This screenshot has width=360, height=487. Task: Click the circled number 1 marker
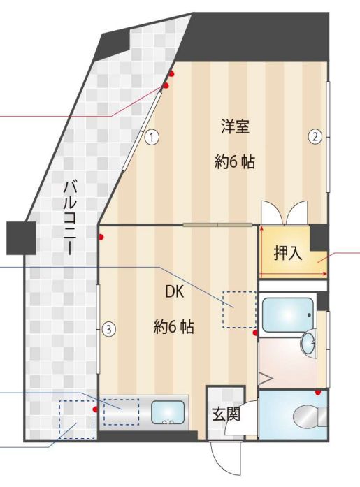(x=150, y=138)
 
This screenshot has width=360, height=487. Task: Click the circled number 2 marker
(x=315, y=137)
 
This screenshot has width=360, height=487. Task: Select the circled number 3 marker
(x=108, y=328)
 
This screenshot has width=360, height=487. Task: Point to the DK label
(x=174, y=293)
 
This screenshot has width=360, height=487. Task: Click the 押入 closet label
(x=287, y=253)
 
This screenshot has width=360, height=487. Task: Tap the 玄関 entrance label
(x=226, y=415)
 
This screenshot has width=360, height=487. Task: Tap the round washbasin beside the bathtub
(x=308, y=342)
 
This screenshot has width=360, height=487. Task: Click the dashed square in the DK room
(x=238, y=308)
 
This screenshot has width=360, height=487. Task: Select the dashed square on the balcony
(x=77, y=419)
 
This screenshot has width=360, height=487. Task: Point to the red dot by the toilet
(x=318, y=393)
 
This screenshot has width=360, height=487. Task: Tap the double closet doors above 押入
(x=283, y=212)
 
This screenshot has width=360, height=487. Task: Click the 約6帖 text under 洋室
(x=234, y=163)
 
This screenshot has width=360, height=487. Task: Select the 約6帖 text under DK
(x=173, y=326)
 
